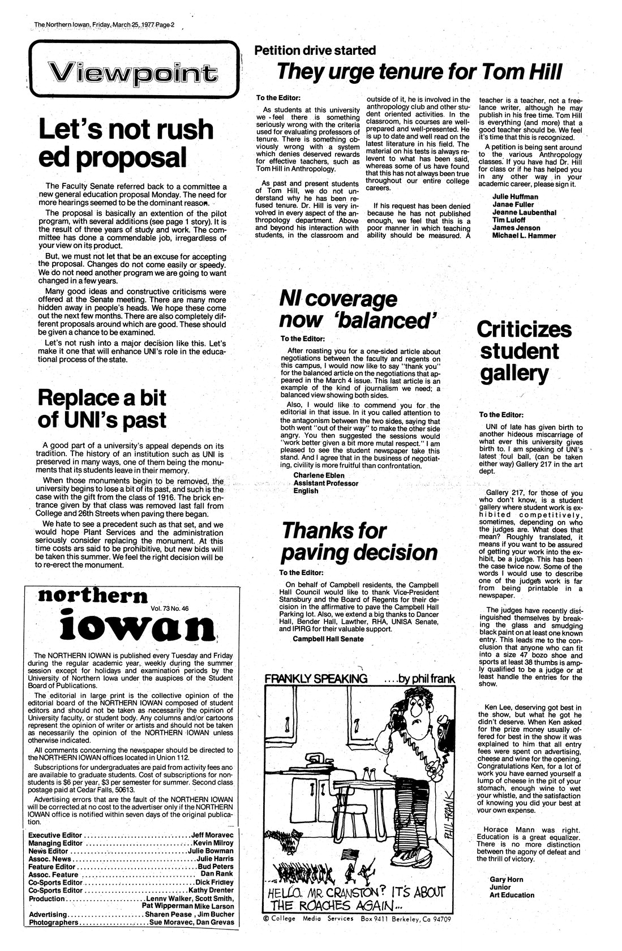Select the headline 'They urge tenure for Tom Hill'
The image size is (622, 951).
click(419, 72)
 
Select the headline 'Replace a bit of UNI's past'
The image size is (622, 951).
click(102, 409)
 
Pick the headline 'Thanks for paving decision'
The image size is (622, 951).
click(359, 542)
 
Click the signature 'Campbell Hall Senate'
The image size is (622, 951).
click(328, 639)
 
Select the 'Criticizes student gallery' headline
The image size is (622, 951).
click(524, 351)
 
